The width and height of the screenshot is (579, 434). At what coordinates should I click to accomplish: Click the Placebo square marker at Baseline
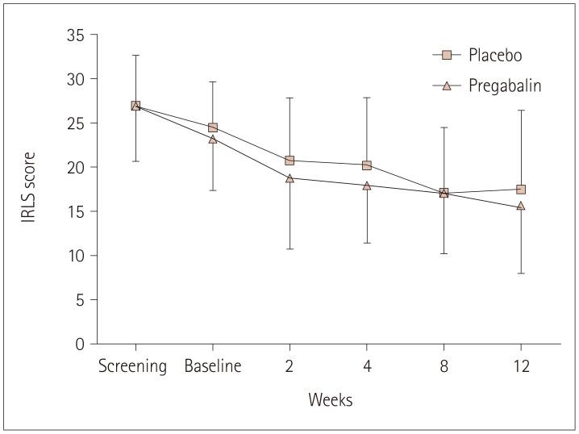coord(213,127)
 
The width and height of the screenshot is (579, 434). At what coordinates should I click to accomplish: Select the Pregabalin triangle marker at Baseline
coord(213,140)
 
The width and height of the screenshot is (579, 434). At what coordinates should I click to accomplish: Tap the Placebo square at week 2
coord(289,161)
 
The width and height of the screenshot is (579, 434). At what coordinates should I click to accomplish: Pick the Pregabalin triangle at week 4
coord(367,186)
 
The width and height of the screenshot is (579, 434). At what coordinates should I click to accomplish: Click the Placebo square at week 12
coord(521,190)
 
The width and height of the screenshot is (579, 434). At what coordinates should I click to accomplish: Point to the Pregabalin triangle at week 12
coord(521,207)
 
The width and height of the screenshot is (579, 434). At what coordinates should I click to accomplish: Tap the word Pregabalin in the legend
coord(505,86)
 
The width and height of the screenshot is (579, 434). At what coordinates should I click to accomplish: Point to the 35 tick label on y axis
coord(75,35)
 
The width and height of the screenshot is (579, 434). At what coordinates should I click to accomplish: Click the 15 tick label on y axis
coord(75,211)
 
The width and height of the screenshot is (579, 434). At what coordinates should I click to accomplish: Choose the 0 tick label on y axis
coord(79,344)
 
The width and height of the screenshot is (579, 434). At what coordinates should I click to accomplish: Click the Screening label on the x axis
coord(132,367)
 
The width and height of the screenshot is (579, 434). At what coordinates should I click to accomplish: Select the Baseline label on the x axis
coord(213,367)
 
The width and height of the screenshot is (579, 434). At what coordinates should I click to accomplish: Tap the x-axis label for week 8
coord(444,367)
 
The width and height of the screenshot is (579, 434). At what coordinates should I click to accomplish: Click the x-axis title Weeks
coord(329,400)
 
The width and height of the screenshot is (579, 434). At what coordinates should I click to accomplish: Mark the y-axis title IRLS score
coord(29,186)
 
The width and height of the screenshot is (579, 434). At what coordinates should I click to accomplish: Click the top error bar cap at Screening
coord(135,55)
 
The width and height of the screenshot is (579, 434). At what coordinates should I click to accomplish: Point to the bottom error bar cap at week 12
coord(521,273)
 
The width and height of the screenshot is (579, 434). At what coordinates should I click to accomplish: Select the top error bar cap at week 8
coord(444,127)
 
